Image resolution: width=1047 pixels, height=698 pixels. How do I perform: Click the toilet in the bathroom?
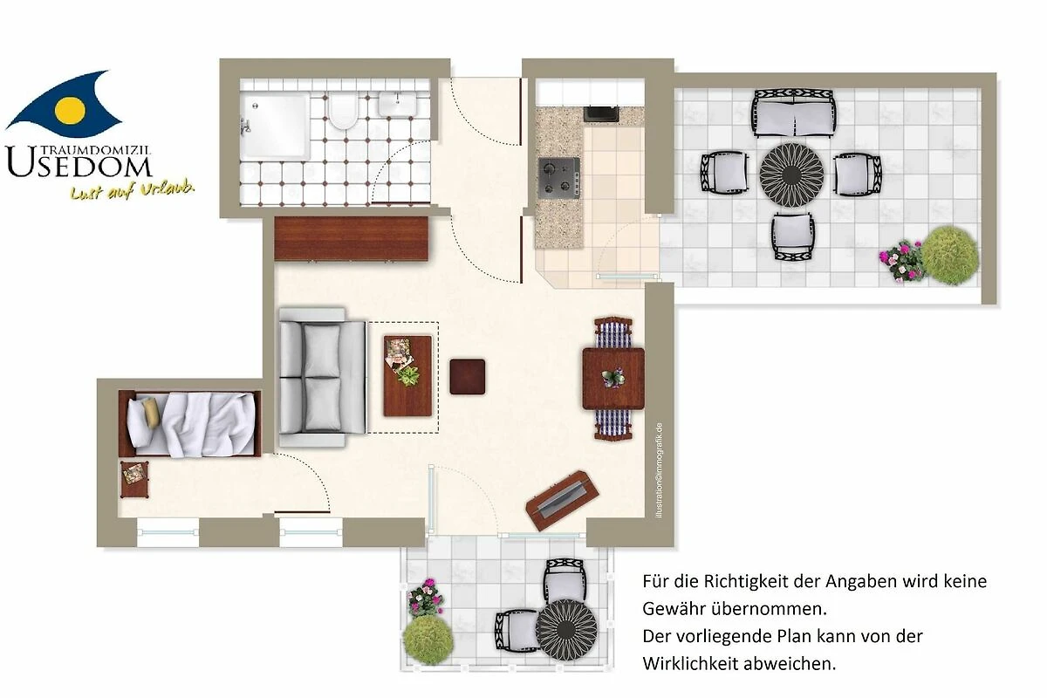[343, 110]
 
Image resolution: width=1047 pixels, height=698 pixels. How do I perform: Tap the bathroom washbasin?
[397, 104]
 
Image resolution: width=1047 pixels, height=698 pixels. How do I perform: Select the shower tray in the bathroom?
[276, 126]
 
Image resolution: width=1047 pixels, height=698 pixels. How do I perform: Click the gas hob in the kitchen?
[559, 178]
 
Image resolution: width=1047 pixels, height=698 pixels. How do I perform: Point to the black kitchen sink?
[601, 113]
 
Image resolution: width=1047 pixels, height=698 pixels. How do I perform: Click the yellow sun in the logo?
[70, 110]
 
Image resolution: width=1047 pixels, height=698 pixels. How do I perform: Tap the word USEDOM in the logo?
[79, 162]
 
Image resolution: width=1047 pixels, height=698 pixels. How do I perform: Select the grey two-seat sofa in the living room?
[323, 377]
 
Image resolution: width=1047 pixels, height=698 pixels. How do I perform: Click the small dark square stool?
[468, 377]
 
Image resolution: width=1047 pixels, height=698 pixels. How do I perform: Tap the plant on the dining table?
[612, 377]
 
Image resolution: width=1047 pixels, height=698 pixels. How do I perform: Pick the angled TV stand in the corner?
[562, 501]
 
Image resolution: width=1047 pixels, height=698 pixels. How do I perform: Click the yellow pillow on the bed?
[151, 413]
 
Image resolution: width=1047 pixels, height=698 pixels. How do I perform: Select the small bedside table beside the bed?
[134, 479]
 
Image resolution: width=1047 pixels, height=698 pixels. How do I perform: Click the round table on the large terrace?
[790, 174]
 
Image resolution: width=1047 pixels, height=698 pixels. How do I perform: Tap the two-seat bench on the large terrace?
[793, 114]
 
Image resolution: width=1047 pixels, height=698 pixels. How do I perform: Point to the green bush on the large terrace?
[950, 256]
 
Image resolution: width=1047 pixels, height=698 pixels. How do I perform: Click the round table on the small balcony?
[566, 630]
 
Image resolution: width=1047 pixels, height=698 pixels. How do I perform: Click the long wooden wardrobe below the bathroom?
[351, 238]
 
